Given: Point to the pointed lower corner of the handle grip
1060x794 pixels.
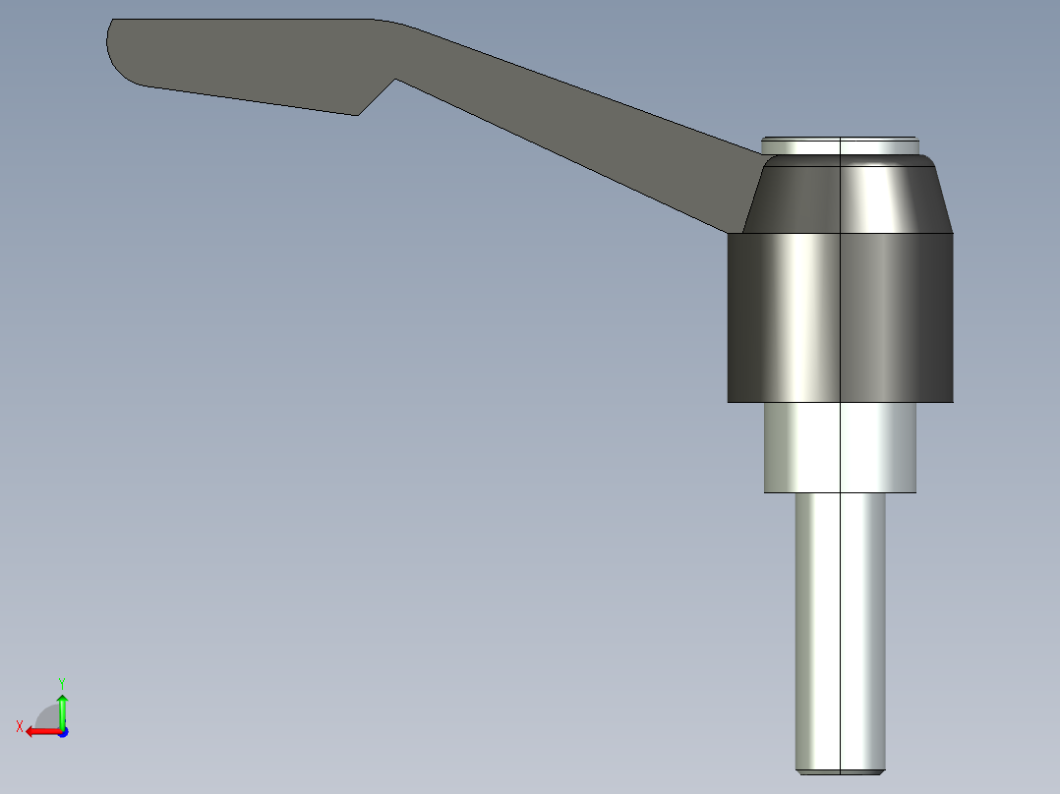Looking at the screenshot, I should pos(357,114).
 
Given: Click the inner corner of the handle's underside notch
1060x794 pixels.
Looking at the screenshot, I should pos(395,80).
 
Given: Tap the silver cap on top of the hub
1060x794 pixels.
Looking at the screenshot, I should pos(841,145).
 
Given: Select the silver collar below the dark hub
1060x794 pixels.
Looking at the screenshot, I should pos(806,447).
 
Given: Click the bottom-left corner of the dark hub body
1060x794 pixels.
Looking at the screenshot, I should pos(729,401).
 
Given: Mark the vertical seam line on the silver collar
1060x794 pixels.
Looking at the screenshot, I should pos(841,447).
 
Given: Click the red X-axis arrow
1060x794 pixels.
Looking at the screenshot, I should pos(39,731).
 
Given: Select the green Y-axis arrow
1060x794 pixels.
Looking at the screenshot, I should pos(62,709).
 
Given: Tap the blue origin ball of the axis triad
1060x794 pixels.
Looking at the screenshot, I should pos(62,732).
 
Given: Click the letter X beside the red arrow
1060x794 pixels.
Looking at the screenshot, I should pos(19,726).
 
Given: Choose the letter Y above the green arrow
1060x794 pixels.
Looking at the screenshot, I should pos(61,682).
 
